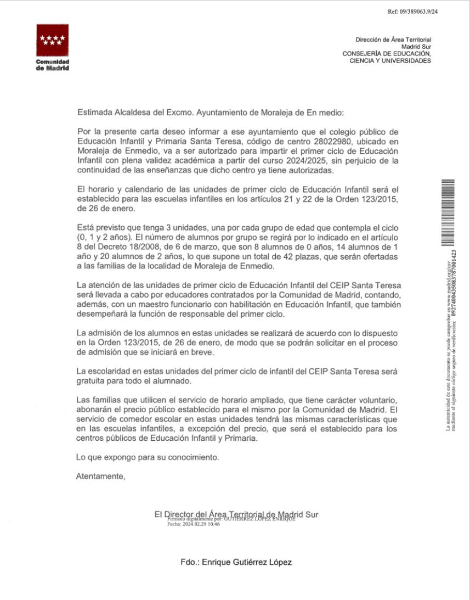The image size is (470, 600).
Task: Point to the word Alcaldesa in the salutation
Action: [x=129, y=113]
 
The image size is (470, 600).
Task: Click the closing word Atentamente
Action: [x=100, y=476]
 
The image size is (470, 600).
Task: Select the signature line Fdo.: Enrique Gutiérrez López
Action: [x=236, y=562]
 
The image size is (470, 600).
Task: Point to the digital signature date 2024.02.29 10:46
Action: [x=194, y=524]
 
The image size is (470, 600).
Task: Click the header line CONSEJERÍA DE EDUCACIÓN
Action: [x=387, y=54]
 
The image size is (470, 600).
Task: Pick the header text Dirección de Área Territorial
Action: [x=393, y=40]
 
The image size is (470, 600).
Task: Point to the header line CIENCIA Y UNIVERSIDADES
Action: [x=390, y=60]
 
